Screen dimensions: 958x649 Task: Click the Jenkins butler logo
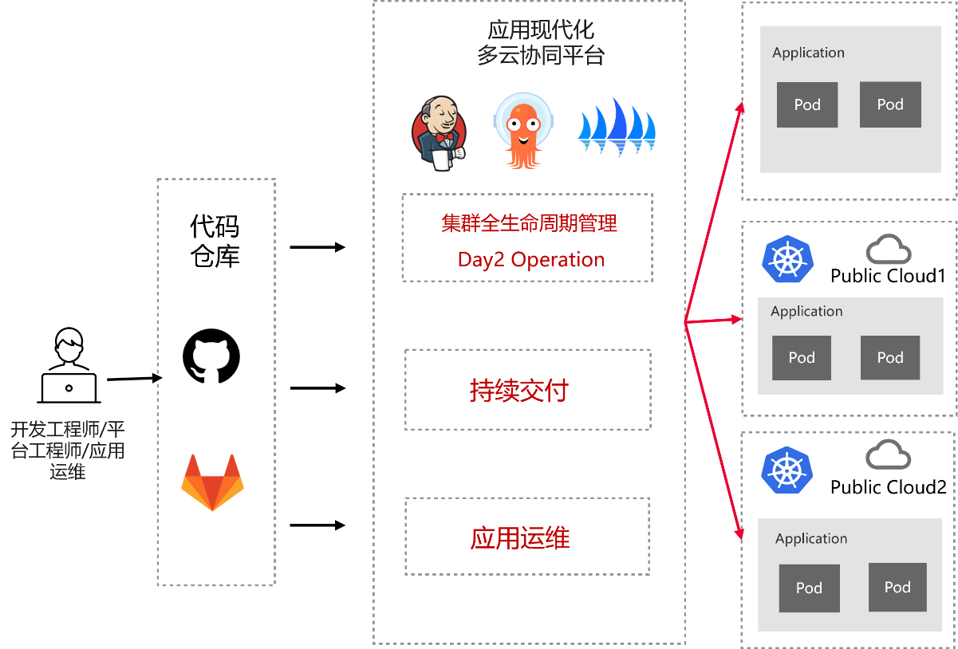pos(439,133)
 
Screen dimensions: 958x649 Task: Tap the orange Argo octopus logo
pos(523,131)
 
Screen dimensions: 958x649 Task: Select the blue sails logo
pos(617,127)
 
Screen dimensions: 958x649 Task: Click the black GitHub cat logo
pos(211,356)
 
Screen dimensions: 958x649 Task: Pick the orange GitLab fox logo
pos(212,482)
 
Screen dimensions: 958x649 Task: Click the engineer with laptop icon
pos(69,365)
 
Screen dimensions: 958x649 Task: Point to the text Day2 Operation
pos(531,259)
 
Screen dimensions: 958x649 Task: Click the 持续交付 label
pos(518,390)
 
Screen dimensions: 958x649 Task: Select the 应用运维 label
pos(520,537)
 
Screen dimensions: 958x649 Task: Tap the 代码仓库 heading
pos(215,241)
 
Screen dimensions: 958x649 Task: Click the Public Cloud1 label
pos(888,276)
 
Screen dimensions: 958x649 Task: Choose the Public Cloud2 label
pos(889,487)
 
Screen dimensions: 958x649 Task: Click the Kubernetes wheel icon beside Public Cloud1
pos(787,258)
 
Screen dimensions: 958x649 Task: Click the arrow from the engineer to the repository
pos(134,379)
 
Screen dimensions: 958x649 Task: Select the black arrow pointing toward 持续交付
pos(317,388)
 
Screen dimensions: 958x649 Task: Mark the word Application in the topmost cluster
pos(808,53)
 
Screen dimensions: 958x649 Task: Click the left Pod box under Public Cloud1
pos(802,358)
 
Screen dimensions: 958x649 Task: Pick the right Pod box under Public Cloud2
pos(897,587)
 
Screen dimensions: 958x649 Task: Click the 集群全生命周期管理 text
pos(529,223)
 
